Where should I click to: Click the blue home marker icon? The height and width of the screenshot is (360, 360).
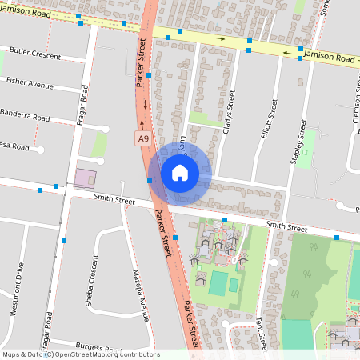pos(180,173)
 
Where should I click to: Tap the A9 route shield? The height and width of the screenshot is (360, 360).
pos(142,139)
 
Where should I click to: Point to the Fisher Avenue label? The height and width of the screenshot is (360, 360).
pos(30,83)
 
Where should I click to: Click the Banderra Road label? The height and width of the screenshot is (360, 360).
pos(25,115)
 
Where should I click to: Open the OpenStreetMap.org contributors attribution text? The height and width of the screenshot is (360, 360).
pos(104,354)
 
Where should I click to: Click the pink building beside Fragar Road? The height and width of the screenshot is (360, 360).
pos(84,178)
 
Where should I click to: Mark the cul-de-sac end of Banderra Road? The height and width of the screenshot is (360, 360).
pos(106,128)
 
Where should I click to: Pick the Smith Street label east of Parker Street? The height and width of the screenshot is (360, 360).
pos(286,228)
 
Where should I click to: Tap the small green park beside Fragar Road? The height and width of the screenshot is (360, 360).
pos(100,144)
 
